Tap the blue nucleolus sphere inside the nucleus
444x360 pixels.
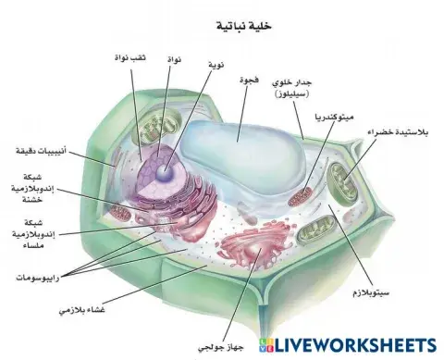[x=164, y=171]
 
